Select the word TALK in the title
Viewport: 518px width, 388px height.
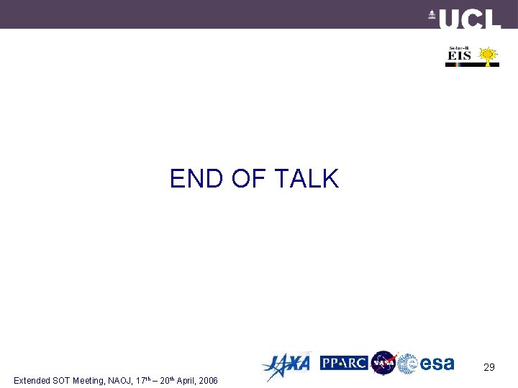pos(306,179)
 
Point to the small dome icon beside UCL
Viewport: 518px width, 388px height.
pos(432,16)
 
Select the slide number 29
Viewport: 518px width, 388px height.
pos(489,367)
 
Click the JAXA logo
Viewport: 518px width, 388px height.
pos(286,364)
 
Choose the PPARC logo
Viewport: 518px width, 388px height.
pos(344,363)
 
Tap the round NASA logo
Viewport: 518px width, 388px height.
pos(383,363)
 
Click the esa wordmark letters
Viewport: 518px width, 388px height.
pos(437,364)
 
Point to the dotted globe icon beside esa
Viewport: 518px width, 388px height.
pos(408,364)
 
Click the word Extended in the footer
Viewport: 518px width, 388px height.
pos(32,380)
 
